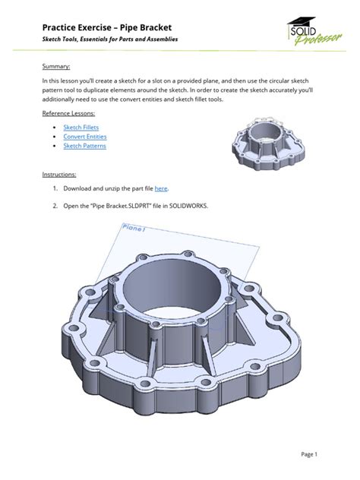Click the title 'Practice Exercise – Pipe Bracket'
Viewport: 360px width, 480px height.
(x=107, y=27)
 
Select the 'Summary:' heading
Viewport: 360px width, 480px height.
(x=56, y=66)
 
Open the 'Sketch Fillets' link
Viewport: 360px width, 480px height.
(x=81, y=128)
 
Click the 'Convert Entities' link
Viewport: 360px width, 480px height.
(x=85, y=137)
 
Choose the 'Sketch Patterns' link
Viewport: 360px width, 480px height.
(x=85, y=146)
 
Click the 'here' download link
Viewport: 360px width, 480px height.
(x=161, y=188)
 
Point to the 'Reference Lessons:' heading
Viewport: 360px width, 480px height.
(x=68, y=113)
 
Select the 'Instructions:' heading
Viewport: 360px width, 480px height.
(x=59, y=175)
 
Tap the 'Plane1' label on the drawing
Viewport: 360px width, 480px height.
(x=134, y=227)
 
